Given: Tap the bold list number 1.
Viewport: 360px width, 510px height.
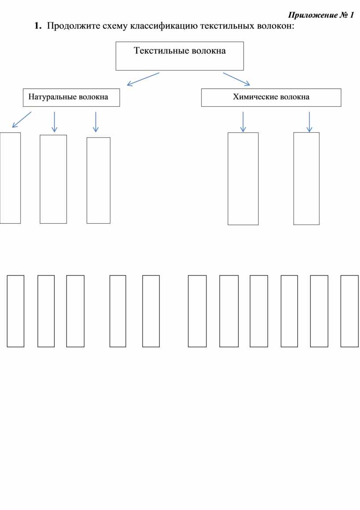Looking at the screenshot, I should (38, 26).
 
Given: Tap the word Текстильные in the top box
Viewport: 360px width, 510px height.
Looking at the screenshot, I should (161, 51).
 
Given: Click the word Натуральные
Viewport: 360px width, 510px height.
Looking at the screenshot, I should (52, 97).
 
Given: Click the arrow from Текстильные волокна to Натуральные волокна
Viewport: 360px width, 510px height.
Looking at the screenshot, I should (142, 79).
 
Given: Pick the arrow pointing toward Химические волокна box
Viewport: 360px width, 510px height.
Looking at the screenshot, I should (236, 79).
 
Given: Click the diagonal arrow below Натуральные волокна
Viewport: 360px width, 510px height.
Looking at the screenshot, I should (22, 120).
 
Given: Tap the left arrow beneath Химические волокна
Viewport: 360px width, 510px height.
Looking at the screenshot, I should (243, 121).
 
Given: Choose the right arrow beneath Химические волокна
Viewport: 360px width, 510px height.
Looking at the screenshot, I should (309, 121).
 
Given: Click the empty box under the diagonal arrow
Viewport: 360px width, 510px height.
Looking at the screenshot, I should (10, 178).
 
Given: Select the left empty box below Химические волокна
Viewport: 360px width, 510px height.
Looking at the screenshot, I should (243, 179).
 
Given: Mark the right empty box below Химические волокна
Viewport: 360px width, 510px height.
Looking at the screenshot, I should (306, 178).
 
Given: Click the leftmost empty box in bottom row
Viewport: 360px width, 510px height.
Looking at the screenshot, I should (15, 311).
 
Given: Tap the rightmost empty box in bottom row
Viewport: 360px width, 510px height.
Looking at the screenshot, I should (349, 311).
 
